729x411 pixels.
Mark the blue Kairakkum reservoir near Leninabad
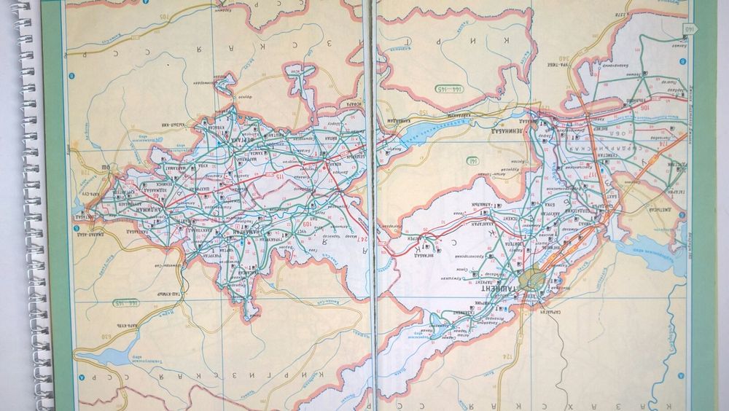click(x=437, y=131)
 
